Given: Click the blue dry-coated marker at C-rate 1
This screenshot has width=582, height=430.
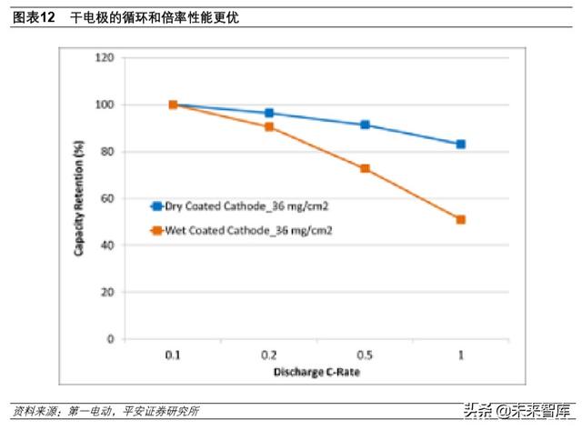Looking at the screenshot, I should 461,145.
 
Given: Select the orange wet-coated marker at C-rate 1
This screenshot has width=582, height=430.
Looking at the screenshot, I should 461,219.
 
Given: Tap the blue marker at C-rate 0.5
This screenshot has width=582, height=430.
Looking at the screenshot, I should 365,125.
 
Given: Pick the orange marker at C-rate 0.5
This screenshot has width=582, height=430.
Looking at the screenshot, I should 365,168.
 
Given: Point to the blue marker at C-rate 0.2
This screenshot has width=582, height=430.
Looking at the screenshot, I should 269,113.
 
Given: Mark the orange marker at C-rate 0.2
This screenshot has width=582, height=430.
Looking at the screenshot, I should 269,126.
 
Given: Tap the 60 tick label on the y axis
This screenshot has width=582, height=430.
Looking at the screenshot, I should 107,198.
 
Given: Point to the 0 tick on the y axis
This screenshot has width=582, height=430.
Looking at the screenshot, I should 110,339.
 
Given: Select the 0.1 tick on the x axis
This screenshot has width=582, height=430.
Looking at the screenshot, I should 173,355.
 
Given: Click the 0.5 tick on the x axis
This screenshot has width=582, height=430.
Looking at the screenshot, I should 365,355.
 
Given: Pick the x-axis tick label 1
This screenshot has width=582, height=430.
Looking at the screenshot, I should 461,355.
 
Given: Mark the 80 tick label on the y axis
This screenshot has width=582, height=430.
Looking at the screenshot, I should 107,152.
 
